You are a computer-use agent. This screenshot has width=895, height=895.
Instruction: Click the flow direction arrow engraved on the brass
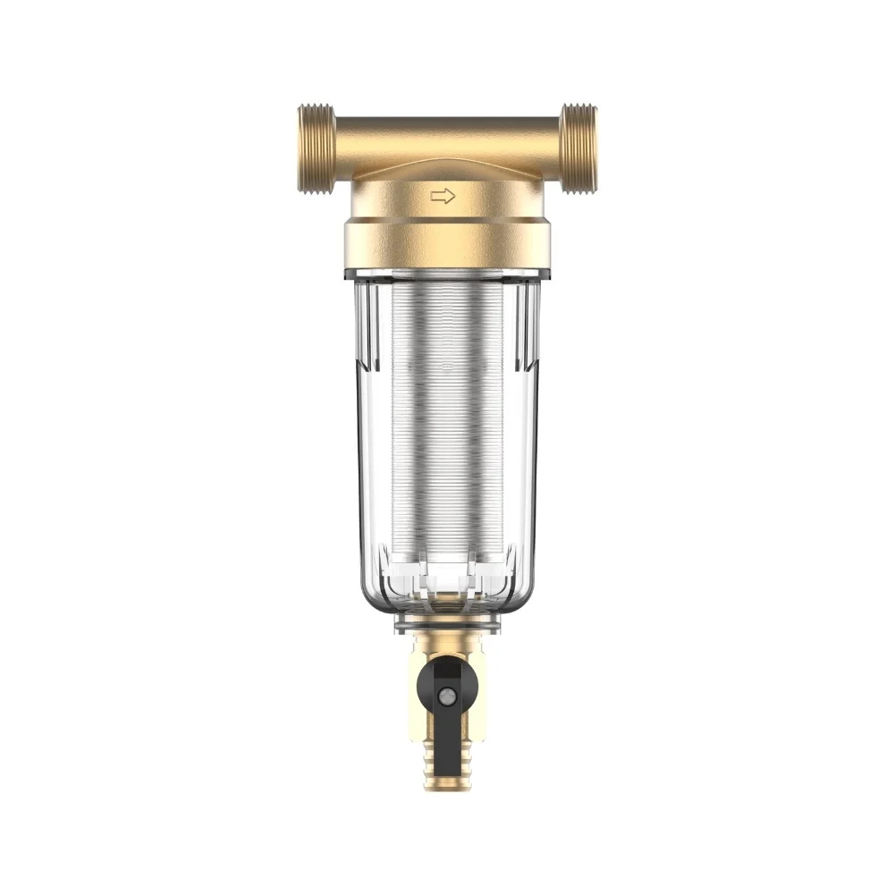tap(443, 196)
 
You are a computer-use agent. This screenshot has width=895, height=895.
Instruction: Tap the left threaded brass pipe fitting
tap(316, 148)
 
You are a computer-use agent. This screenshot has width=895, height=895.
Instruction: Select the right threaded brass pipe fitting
tap(578, 148)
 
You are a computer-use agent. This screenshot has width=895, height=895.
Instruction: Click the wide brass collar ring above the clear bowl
tap(447, 244)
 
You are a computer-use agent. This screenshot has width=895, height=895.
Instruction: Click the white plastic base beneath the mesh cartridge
tap(447, 577)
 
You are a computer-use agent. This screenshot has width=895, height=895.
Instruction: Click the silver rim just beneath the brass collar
tap(447, 272)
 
